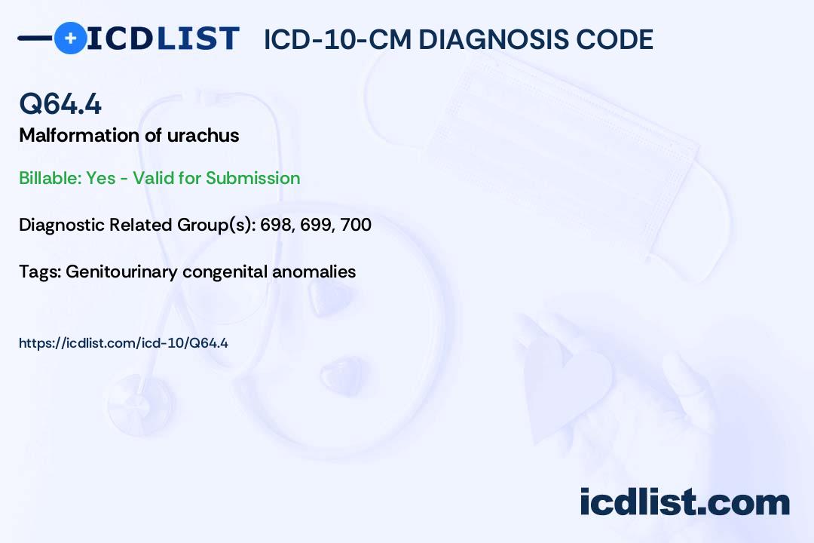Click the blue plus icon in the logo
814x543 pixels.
click(70, 38)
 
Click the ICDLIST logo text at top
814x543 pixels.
click(163, 38)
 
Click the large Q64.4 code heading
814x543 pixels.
click(60, 103)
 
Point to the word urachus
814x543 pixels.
click(203, 136)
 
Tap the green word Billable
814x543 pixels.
click(50, 178)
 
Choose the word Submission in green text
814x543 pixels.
click(252, 178)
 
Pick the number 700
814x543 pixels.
click(356, 225)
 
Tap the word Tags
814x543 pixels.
click(40, 271)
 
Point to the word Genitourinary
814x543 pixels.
click(121, 272)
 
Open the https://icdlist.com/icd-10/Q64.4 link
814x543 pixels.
click(124, 343)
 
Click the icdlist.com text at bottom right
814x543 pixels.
click(685, 502)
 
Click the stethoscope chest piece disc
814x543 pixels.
click(140, 405)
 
